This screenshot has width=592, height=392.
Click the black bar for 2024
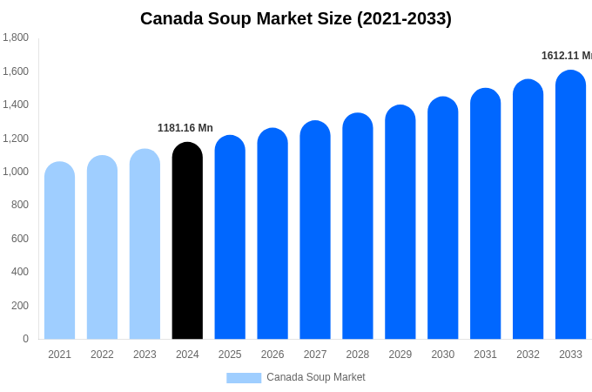click(x=187, y=241)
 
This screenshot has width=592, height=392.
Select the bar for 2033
click(x=570, y=206)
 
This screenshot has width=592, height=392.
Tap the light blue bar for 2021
click(x=59, y=251)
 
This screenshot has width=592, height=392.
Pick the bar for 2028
click(x=357, y=226)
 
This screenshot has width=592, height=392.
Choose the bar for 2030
click(x=442, y=219)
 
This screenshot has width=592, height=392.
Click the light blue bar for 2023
click(x=145, y=245)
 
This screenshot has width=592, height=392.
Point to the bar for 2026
click(x=272, y=234)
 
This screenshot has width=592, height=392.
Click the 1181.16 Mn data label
click(x=185, y=128)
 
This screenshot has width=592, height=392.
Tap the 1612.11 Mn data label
click(x=566, y=56)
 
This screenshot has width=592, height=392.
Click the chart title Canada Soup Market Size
click(x=296, y=18)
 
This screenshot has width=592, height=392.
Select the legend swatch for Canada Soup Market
click(x=244, y=378)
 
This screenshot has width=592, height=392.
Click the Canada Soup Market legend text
click(x=316, y=377)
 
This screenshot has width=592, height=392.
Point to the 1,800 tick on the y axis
click(x=16, y=37)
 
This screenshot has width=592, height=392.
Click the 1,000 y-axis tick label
click(x=16, y=172)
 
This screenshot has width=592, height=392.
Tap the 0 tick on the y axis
click(x=25, y=339)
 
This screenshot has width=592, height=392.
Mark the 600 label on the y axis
click(x=19, y=239)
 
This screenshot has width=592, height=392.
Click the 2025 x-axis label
click(x=230, y=355)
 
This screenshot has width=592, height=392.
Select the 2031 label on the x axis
click(x=485, y=355)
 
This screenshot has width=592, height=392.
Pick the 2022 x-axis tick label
click(x=102, y=355)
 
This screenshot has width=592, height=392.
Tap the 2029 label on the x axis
click(x=400, y=355)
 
